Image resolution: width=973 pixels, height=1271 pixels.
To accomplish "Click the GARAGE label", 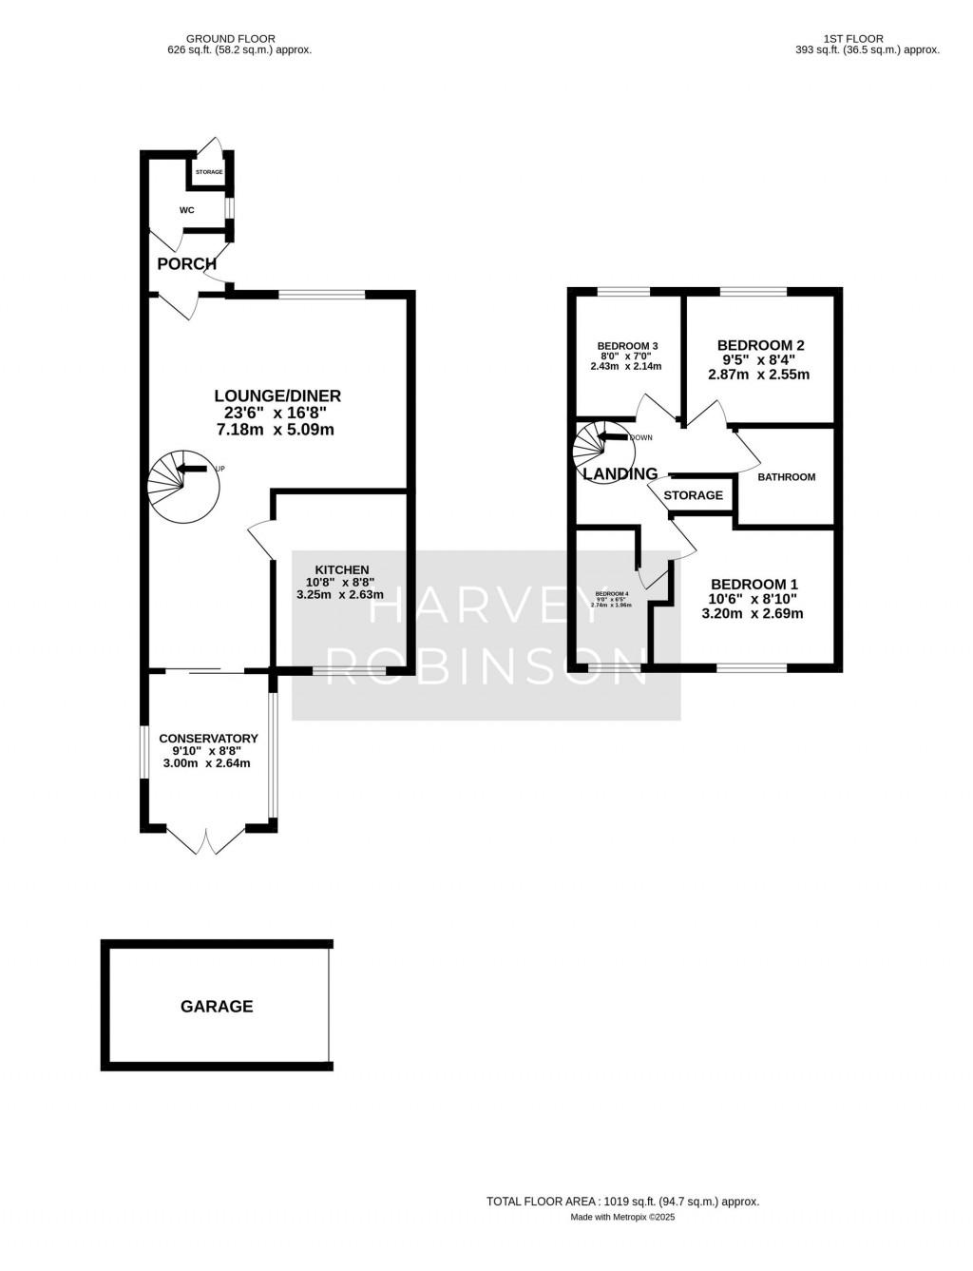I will pos(217,1006).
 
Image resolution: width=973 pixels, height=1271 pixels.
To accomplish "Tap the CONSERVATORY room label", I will pos(208,738).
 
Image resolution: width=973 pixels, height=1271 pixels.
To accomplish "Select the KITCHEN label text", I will pos(342,569).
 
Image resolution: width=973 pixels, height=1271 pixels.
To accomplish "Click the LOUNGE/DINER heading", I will pos(277,395).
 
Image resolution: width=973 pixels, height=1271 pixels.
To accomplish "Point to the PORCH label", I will pos(186,263).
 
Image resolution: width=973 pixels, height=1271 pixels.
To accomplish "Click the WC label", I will pos(186,209).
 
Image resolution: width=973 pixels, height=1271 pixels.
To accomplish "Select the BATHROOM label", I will pos(786,476).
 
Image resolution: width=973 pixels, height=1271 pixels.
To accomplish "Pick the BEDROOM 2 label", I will pos(760,345).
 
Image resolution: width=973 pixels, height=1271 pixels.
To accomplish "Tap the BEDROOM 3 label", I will pos(627,346).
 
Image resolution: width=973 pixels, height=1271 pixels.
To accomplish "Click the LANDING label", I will pos(620,473).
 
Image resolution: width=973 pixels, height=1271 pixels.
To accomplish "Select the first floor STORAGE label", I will pos(693,495).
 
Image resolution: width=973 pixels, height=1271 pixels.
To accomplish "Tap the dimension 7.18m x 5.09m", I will pos(276,430).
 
